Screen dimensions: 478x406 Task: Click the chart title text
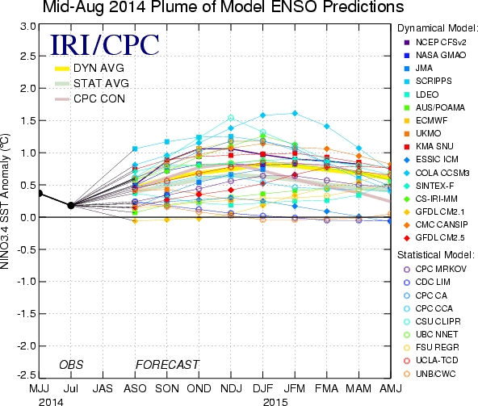click(x=223, y=6)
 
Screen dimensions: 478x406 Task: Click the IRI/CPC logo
click(x=105, y=45)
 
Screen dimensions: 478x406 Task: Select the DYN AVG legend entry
click(x=90, y=69)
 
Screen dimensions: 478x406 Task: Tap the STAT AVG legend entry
click(x=92, y=83)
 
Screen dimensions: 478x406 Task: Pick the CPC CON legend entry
click(x=90, y=98)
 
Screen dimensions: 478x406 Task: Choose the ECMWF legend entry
click(x=426, y=120)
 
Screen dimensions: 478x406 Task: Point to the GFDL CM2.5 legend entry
click(x=434, y=238)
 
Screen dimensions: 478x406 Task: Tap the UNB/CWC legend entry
click(x=430, y=374)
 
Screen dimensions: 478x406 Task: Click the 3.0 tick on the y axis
click(x=28, y=27)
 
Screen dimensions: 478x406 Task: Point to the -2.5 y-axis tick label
click(x=27, y=375)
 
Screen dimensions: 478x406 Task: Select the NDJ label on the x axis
click(x=231, y=388)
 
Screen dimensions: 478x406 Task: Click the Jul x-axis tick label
click(x=71, y=388)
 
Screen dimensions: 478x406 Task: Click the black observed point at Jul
click(x=71, y=206)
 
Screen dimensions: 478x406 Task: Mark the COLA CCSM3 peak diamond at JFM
click(x=295, y=113)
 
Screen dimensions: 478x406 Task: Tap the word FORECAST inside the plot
click(x=167, y=365)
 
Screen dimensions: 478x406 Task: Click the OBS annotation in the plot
click(x=71, y=365)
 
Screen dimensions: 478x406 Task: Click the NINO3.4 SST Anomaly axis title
click(x=5, y=201)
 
